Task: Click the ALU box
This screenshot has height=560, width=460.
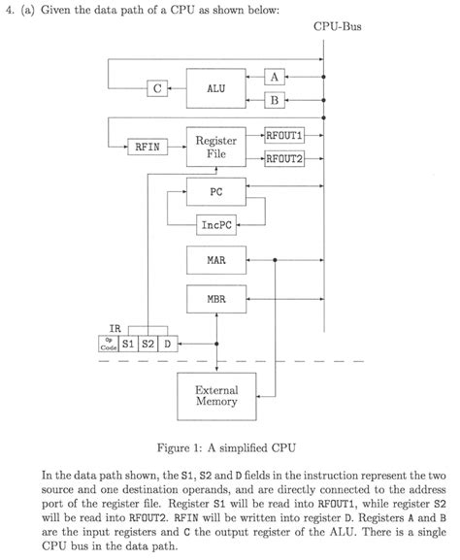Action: (216, 88)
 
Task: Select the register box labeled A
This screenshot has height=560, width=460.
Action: (275, 77)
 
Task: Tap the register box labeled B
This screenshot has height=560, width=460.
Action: (275, 100)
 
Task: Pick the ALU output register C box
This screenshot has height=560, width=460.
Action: (156, 88)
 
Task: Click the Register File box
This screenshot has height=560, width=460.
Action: (216, 148)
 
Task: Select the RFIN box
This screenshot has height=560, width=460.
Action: (147, 148)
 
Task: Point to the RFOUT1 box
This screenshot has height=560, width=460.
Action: (284, 136)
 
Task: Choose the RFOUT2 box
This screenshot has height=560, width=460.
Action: (284, 159)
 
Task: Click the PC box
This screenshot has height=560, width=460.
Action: (216, 191)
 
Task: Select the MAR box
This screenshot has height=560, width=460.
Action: (216, 261)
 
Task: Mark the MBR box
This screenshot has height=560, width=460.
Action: (216, 299)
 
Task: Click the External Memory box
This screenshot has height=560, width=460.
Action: (216, 395)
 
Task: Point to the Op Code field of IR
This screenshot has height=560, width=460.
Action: (109, 345)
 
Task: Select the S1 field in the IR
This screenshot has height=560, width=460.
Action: (129, 345)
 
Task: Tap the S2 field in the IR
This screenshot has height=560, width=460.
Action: (148, 345)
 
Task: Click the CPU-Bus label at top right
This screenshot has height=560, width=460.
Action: (337, 26)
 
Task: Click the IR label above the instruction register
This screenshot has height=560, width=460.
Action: (115, 329)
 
